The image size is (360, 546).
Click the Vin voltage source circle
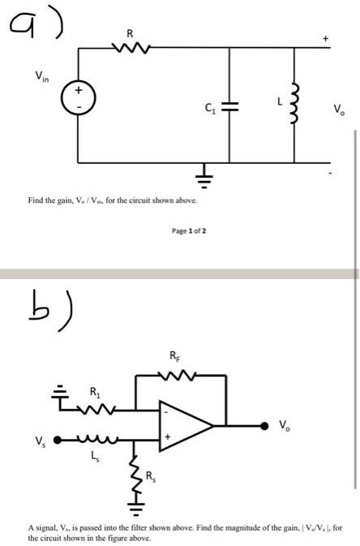(78, 101)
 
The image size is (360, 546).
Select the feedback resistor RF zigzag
(175, 376)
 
